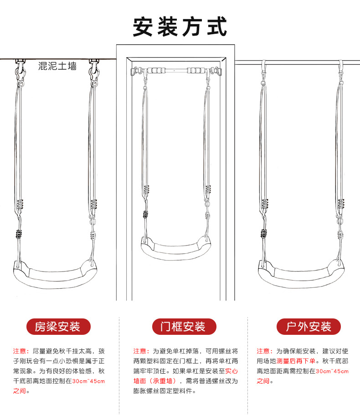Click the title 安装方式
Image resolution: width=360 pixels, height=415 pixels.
point(180,26)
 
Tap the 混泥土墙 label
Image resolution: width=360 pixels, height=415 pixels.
point(57,67)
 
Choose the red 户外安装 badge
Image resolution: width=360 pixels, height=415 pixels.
point(309,326)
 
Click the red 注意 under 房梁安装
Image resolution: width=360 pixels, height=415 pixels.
point(21,351)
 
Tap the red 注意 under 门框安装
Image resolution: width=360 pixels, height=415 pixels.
point(141,351)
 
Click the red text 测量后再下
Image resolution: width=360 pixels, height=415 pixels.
point(292,361)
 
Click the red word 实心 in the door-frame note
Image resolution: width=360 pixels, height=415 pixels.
point(231,371)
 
